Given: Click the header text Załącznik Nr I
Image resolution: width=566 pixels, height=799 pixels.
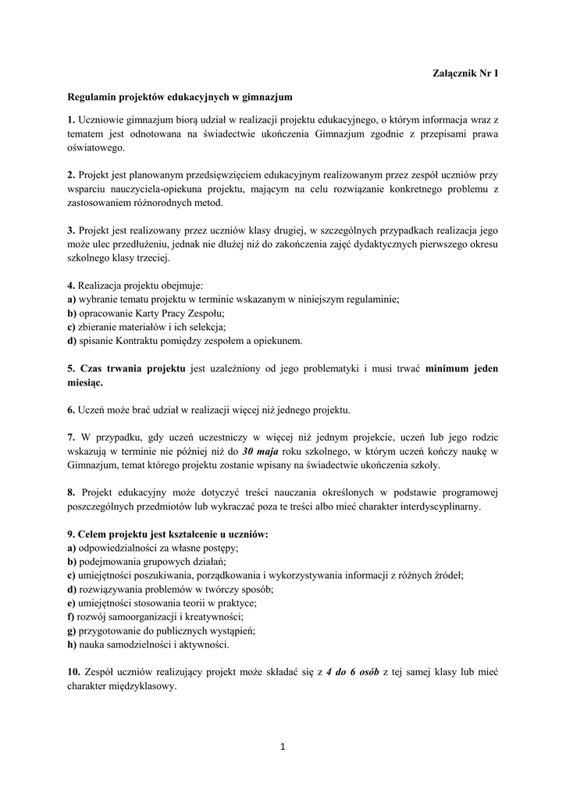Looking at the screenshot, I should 465,74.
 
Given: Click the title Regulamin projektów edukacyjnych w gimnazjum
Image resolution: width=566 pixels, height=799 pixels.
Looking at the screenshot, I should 180,98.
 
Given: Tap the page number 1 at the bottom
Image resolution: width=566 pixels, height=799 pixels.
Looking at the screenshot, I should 283,747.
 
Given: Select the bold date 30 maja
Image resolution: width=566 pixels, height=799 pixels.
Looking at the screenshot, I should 261,451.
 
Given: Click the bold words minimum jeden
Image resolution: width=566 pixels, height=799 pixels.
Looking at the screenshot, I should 461,368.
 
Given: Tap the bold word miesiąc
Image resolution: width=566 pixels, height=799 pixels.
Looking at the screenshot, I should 84,383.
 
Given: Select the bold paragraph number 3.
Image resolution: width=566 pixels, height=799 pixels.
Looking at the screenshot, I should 70,230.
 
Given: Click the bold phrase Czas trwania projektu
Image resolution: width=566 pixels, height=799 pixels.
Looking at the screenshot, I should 133,368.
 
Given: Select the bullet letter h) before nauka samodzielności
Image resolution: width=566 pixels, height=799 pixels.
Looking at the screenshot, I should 71,645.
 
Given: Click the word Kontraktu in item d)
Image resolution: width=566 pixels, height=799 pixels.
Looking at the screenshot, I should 133,340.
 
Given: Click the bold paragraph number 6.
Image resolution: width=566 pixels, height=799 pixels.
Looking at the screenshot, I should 70,410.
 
